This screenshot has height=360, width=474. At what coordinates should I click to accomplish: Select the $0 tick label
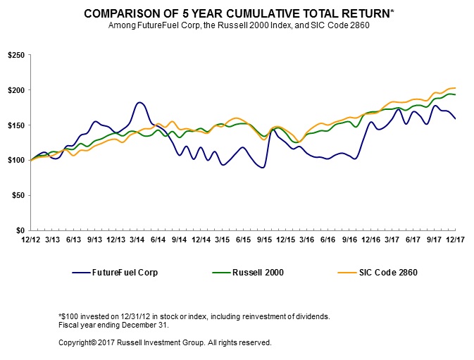pyautogui.click(x=21, y=230)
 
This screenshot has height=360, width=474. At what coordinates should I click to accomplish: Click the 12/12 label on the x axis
pyautogui.click(x=30, y=240)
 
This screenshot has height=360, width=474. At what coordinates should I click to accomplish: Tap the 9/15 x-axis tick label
pyautogui.click(x=264, y=240)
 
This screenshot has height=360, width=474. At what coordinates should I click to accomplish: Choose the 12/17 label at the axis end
pyautogui.click(x=455, y=240)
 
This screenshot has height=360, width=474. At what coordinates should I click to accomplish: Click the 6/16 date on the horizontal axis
pyautogui.click(x=328, y=240)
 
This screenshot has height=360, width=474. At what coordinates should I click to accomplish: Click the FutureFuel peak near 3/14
pyautogui.click(x=139, y=103)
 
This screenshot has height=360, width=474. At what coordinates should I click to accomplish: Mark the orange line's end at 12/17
pyautogui.click(x=455, y=88)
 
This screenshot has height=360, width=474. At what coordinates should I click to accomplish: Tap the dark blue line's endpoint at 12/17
pyautogui.click(x=455, y=118)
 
